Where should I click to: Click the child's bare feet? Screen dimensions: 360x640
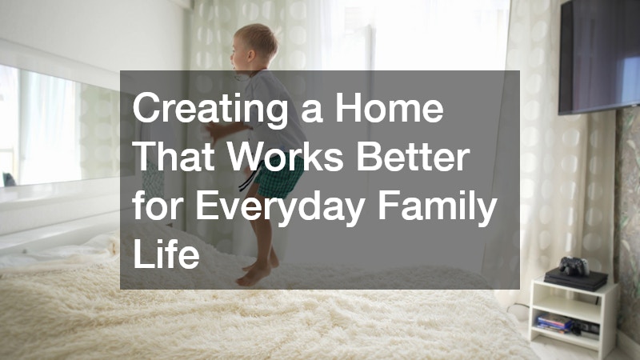(254, 272)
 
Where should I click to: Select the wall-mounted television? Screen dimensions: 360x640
(599, 56)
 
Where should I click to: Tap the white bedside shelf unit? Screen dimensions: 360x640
(572, 316)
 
